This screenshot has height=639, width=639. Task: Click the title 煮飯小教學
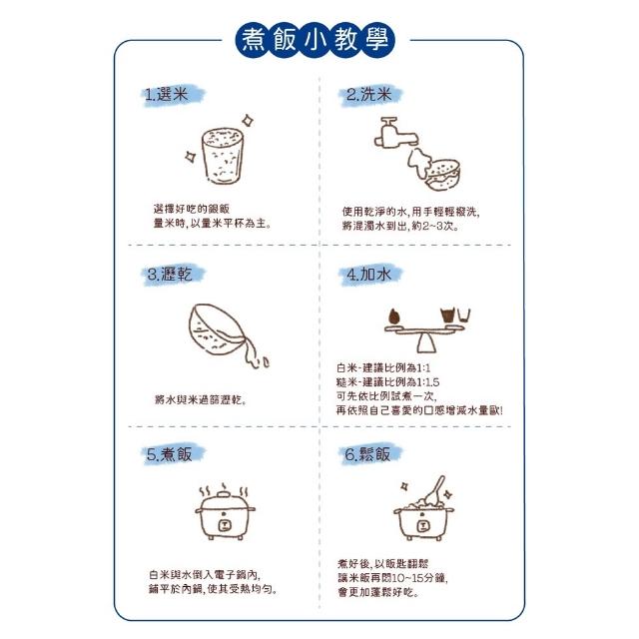[316, 40]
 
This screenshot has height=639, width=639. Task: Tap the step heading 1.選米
[167, 95]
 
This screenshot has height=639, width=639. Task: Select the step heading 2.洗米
[368, 95]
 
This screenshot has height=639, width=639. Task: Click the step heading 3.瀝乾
[170, 274]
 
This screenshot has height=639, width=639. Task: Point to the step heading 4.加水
[368, 274]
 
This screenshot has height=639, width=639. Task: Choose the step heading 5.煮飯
[169, 454]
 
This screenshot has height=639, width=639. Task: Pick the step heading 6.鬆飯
[367, 454]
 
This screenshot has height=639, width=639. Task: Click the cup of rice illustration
[223, 156]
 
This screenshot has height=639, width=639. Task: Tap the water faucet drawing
[394, 133]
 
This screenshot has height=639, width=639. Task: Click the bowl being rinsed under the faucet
[443, 176]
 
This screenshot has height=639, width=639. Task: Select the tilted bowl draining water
[217, 329]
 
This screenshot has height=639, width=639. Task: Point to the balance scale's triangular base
[426, 343]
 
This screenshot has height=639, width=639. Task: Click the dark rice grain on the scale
[394, 317]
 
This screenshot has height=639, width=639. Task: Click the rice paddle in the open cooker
[435, 490]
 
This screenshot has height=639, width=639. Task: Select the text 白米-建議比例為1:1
[383, 367]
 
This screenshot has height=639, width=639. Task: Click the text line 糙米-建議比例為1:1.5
[387, 381]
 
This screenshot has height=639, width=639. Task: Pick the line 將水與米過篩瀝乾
[201, 399]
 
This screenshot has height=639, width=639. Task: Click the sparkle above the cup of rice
[248, 121]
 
